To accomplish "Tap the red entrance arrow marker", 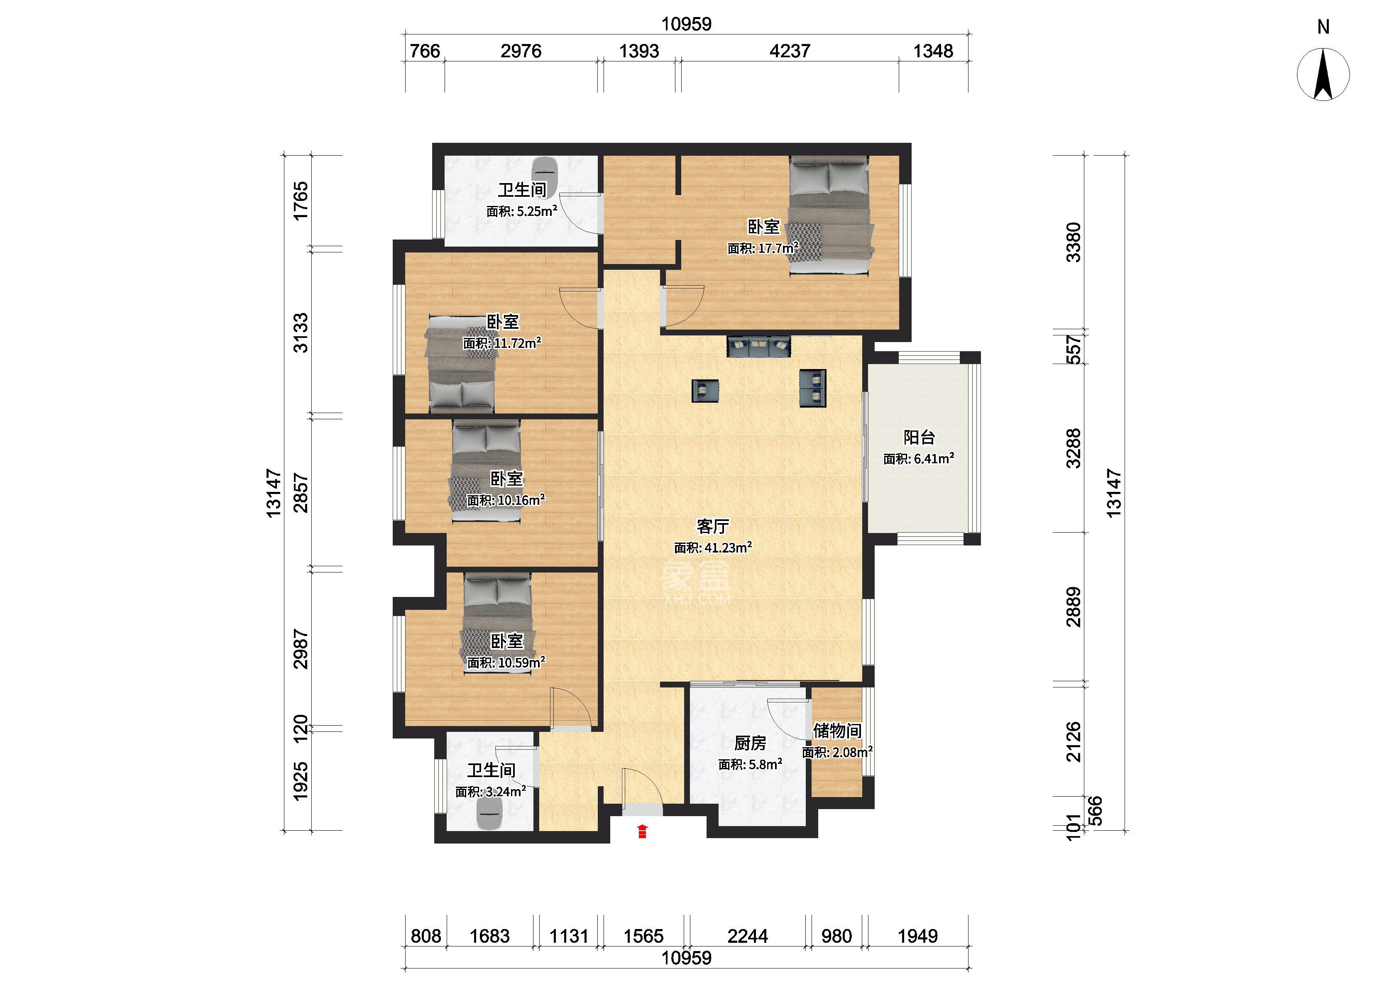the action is tap(642, 831).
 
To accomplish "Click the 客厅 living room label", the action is tap(712, 526).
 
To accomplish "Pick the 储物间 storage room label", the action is tap(837, 730).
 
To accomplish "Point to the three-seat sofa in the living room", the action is tap(758, 346).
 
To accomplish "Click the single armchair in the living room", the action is tap(705, 391).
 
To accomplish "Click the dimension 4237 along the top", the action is tap(790, 51).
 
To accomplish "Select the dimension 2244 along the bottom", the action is tap(748, 936).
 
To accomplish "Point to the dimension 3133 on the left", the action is tap(301, 333).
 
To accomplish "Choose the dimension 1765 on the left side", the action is tap(301, 201).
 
